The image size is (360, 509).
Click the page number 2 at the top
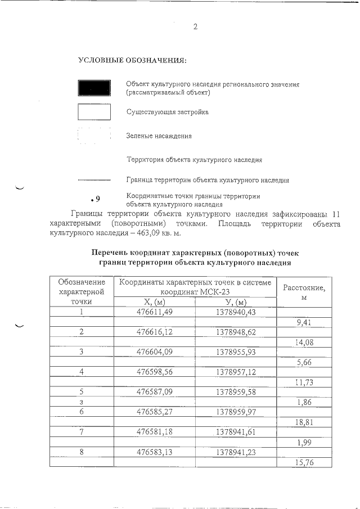click(195, 26)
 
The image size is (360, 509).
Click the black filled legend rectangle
click(94, 88)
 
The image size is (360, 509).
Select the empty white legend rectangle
click(94, 112)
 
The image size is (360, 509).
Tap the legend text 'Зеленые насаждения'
click(159, 136)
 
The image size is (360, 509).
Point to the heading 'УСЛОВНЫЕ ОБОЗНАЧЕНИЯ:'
click(132, 60)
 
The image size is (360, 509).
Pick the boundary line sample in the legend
click(94, 181)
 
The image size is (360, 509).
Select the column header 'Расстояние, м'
click(304, 291)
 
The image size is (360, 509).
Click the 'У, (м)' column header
click(236, 302)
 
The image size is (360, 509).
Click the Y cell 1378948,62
click(236, 332)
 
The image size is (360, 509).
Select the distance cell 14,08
click(304, 342)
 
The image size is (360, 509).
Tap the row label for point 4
click(82, 372)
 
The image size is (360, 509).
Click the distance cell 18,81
click(304, 422)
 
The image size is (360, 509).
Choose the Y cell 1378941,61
click(236, 431)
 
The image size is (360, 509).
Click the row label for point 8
click(82, 451)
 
